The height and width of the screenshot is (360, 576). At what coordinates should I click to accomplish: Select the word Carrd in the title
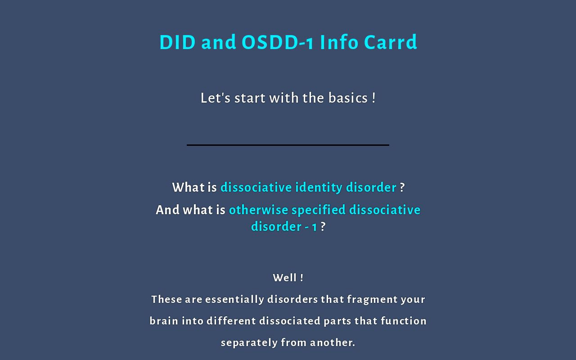[x=391, y=42]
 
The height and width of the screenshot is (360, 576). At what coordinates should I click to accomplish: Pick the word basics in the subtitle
[x=348, y=98]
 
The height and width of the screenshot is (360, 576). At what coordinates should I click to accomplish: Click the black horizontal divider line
[x=288, y=145]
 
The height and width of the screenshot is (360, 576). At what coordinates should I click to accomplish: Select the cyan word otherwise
[x=258, y=210]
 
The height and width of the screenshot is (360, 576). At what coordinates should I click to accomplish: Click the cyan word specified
[x=319, y=210]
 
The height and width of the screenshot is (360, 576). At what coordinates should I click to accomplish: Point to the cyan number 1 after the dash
[x=314, y=226]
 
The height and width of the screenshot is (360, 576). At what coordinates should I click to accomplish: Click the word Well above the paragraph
[x=284, y=278]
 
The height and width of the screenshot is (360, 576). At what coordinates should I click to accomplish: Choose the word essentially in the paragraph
[x=234, y=299]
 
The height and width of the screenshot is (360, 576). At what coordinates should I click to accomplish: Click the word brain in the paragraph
[x=164, y=321]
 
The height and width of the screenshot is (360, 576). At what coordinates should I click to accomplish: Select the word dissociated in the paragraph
[x=289, y=321]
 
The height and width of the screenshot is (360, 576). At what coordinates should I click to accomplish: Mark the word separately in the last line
[x=249, y=342]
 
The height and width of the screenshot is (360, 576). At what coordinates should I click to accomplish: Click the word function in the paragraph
[x=404, y=321]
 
